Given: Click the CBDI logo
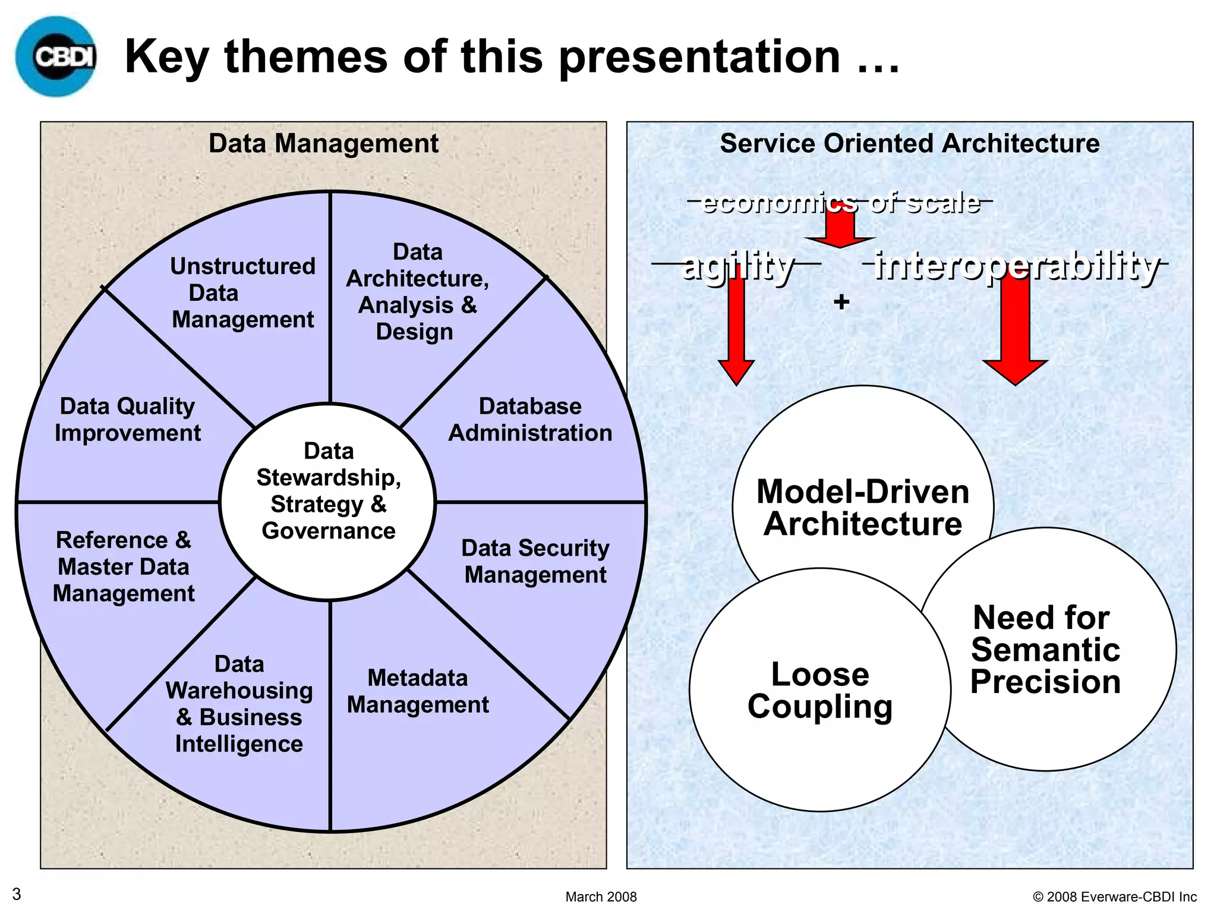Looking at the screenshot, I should click(x=56, y=56).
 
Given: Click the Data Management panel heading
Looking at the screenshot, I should click(x=323, y=144).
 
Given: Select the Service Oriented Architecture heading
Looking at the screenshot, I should click(x=909, y=144).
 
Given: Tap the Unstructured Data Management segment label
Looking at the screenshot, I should click(x=242, y=293).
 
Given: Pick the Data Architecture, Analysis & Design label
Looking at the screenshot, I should click(x=417, y=292).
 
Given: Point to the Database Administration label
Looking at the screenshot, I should click(x=530, y=420).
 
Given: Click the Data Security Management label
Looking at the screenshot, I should click(x=535, y=561).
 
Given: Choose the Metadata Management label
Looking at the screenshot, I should click(x=418, y=691).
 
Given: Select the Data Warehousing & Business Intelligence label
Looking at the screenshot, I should click(x=239, y=704).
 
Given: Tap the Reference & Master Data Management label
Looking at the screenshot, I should click(x=124, y=567).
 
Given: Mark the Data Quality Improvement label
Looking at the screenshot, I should click(x=127, y=420).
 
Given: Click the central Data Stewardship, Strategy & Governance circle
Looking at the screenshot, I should click(x=328, y=491).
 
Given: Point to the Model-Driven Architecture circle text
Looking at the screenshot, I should click(x=863, y=508).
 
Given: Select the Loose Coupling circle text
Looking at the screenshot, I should click(x=820, y=690).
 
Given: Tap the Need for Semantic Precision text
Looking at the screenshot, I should click(x=1045, y=650).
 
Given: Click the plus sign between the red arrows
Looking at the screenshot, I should click(x=841, y=302).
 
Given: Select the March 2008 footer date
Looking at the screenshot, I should click(x=601, y=896).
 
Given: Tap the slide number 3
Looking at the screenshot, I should click(x=17, y=894).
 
